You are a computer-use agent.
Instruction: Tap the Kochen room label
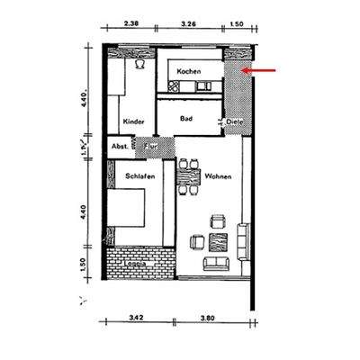coord(189,70)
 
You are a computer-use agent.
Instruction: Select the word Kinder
coord(133,119)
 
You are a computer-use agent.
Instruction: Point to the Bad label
coord(186,118)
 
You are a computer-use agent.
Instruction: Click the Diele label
coord(235,120)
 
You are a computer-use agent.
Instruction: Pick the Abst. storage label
coord(119,145)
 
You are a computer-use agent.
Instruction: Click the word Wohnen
coord(219,176)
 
